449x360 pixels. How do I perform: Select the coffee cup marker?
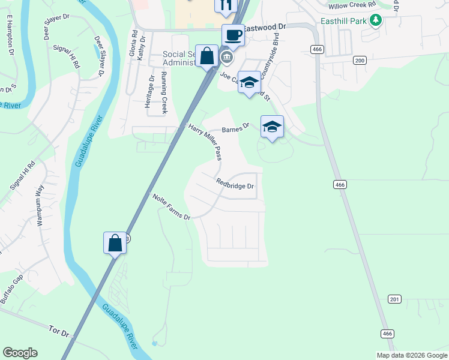click(x=233, y=35)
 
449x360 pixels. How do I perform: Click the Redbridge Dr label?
click(x=235, y=186)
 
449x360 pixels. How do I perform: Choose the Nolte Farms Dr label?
click(x=171, y=207)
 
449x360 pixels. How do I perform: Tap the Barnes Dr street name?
click(x=235, y=128)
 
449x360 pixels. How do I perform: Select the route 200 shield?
click(x=360, y=60)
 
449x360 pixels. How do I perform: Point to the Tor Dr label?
click(x=60, y=332)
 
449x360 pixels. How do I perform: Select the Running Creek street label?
click(x=164, y=96)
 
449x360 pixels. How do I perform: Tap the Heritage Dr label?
click(x=148, y=91)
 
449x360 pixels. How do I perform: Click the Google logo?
click(x=20, y=353)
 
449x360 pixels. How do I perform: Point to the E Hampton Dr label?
click(x=10, y=37)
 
